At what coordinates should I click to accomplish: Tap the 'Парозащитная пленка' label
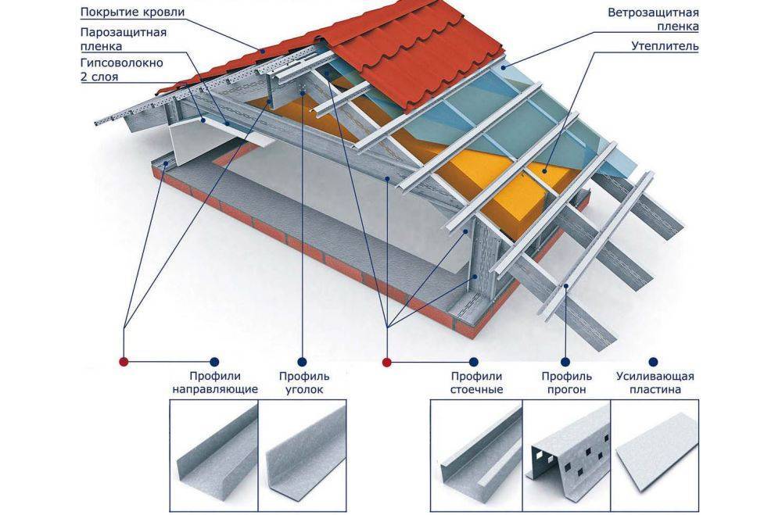click(x=123, y=41)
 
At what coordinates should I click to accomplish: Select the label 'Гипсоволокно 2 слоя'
click(x=121, y=70)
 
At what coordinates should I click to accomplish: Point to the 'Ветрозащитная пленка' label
click(x=654, y=20)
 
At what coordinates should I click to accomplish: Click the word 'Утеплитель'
click(x=665, y=46)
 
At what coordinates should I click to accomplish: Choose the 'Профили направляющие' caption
click(x=214, y=382)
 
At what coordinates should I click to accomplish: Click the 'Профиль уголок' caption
click(x=300, y=382)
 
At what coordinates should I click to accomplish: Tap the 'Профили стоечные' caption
click(x=475, y=382)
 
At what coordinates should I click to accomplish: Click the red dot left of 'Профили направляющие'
click(x=124, y=362)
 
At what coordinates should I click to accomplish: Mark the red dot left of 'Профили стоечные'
click(x=386, y=362)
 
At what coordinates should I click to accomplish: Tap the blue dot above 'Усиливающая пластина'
click(x=654, y=362)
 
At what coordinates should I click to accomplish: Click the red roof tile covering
click(x=407, y=63)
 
